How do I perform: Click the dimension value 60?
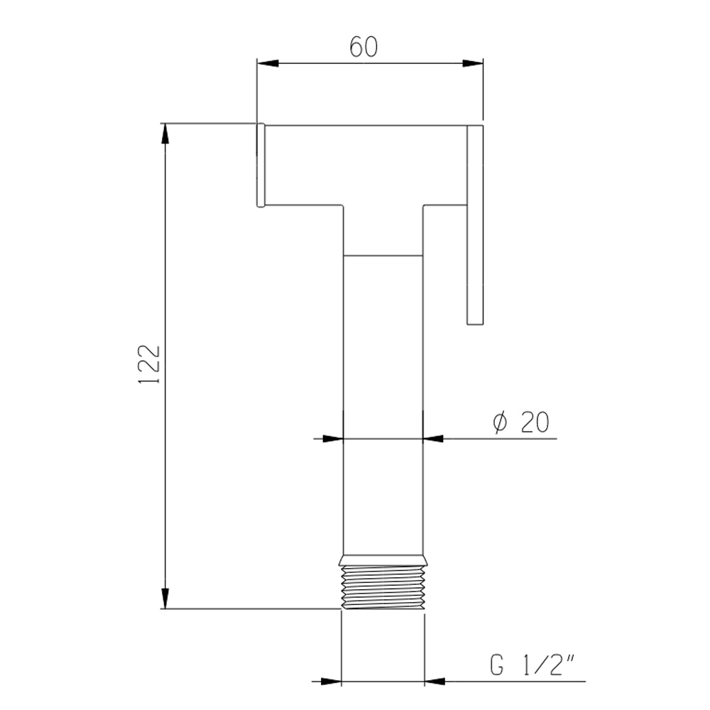[363, 47]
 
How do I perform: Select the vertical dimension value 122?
[149, 364]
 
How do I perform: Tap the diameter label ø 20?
[520, 422]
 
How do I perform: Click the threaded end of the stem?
[383, 587]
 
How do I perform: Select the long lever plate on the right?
[475, 225]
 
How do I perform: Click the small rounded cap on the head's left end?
[261, 165]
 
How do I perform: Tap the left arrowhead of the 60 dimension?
[267, 63]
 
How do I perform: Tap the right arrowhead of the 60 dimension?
[473, 63]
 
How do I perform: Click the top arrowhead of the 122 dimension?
[165, 133]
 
